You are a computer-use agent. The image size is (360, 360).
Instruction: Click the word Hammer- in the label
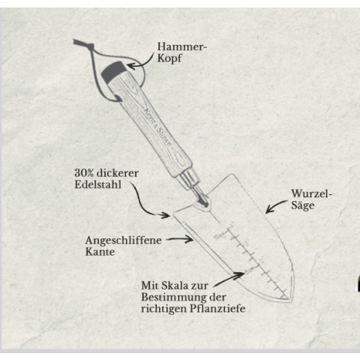coord(182,46)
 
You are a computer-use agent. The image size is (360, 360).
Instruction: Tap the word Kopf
coord(169,58)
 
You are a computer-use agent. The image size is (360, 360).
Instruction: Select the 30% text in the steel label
coord(84,173)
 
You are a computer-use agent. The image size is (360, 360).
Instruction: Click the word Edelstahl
coord(98,184)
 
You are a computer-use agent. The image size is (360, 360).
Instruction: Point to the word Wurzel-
coord(312,193)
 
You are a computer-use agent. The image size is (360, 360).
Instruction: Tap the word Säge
coord(302,205)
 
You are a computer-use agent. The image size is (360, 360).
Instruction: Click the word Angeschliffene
coord(124,241)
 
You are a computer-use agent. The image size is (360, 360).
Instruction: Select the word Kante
coord(100,252)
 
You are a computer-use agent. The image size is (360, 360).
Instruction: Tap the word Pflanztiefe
coord(217,308)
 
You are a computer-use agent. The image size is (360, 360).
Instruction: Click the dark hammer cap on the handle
coord(113,71)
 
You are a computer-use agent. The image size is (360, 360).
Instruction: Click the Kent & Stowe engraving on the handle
coord(158,127)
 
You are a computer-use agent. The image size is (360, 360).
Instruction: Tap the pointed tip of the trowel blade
coord(290,299)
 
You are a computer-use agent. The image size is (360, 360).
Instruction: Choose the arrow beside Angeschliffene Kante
coord(179,239)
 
